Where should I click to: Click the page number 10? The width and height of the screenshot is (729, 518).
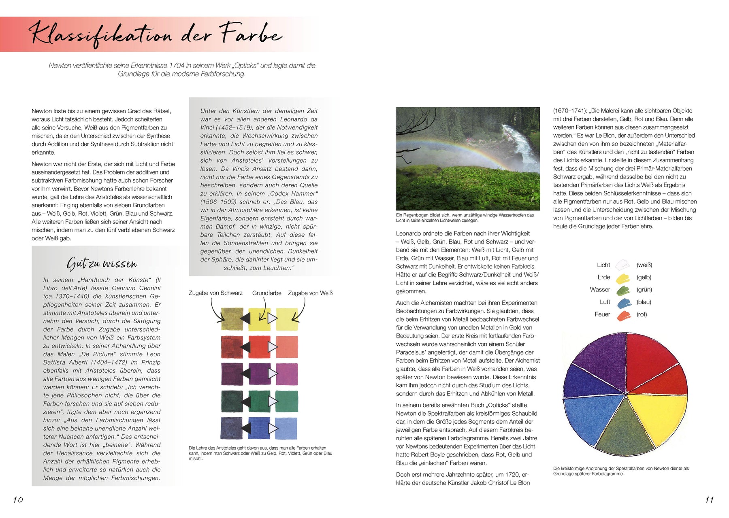click(18, 499)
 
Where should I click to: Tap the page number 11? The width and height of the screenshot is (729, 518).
click(709, 499)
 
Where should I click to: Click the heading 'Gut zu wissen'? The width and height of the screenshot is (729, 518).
click(102, 263)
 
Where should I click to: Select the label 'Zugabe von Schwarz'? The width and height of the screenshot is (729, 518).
click(215, 293)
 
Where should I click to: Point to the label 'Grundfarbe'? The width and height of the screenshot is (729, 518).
click(266, 293)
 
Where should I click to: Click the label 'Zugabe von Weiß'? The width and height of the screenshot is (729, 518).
click(310, 293)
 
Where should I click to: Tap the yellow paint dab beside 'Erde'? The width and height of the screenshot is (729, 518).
click(622, 278)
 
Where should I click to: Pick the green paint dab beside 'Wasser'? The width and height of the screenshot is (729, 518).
click(623, 290)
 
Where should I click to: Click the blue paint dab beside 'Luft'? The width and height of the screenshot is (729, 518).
click(624, 303)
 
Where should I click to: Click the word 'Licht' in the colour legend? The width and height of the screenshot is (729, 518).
click(603, 265)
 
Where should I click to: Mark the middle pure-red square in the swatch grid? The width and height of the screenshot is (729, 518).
click(259, 346)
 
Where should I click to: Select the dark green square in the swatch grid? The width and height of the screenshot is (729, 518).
click(232, 401)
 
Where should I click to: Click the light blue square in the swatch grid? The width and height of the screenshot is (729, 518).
click(286, 428)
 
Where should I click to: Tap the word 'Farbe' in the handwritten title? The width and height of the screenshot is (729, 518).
click(251, 34)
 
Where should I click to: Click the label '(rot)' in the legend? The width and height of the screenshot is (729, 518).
click(642, 314)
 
